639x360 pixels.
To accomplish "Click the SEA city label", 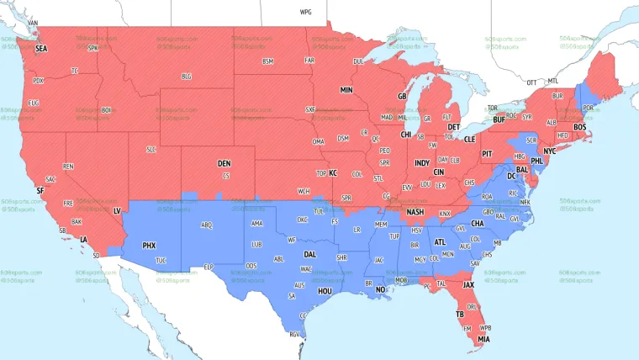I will (x=41, y=50).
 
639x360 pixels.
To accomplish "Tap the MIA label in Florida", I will (x=483, y=339).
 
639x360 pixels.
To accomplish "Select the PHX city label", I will (x=149, y=246).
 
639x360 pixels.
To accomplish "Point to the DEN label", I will (x=224, y=163).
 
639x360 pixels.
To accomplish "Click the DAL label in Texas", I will (x=309, y=253).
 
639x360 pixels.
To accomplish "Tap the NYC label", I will (x=550, y=151).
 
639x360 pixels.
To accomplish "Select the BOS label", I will (x=579, y=127).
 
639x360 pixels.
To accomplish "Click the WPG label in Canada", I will (x=305, y=13).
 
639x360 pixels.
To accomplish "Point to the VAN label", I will (x=33, y=23).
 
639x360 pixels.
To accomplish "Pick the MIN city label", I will (x=346, y=90).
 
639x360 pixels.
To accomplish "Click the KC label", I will (x=333, y=173).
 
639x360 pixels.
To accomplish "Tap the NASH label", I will (x=415, y=212).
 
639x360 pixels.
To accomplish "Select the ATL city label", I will (x=440, y=242).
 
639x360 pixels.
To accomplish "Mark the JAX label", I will (x=469, y=284).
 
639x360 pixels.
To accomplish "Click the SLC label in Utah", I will (x=151, y=150).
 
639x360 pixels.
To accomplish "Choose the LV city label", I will (x=117, y=210).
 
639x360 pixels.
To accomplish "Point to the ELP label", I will (x=209, y=267).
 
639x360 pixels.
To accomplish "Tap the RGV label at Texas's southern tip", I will (x=294, y=335).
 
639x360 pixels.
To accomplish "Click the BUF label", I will (x=499, y=120).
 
